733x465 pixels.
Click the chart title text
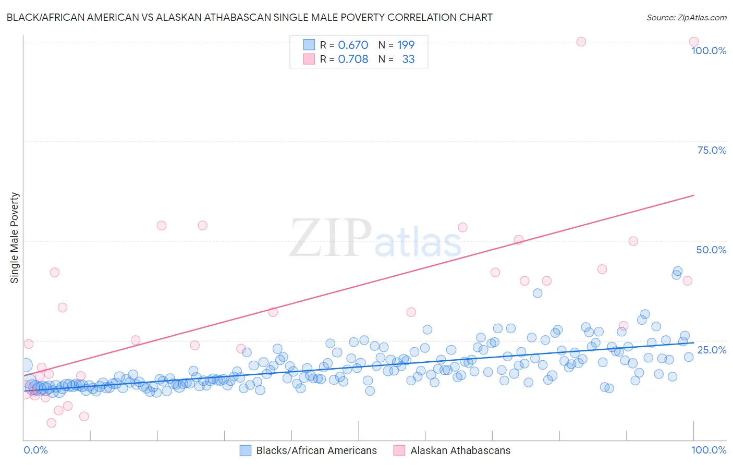(249, 17)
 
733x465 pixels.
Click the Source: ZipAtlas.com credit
(686, 17)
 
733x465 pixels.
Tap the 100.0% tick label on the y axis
(708, 51)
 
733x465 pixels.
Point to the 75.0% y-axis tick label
(712, 150)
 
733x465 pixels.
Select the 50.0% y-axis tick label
(711, 250)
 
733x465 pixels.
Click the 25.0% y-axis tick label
(712, 349)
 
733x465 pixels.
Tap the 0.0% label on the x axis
(35, 450)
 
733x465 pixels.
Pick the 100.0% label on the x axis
(708, 450)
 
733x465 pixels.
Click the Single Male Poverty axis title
(15, 238)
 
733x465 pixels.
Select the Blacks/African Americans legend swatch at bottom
(246, 450)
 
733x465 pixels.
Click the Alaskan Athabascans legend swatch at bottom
(399, 450)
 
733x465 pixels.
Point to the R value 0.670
(353, 45)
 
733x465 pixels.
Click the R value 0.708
(353, 59)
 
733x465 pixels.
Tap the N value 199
(406, 45)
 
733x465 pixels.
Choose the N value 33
(408, 59)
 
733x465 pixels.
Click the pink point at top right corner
(694, 42)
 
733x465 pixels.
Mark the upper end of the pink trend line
(694, 195)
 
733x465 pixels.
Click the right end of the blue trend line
(694, 342)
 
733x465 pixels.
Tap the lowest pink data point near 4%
(51, 423)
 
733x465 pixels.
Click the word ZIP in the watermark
(330, 238)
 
